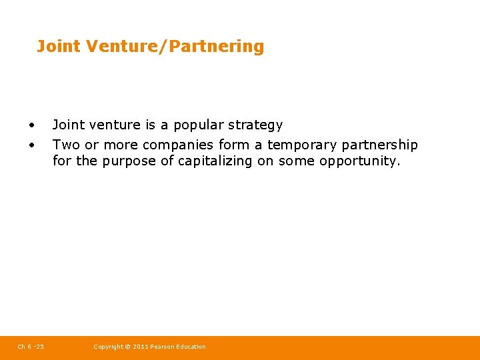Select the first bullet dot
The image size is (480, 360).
click(31, 125)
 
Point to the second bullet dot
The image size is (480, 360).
click(31, 145)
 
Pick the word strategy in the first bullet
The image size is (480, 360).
click(255, 125)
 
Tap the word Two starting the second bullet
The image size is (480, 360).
click(65, 145)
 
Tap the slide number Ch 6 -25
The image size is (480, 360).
click(31, 347)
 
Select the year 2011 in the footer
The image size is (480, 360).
click(141, 347)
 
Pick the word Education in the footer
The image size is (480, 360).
click(192, 347)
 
